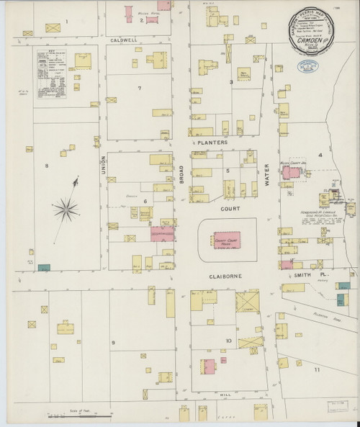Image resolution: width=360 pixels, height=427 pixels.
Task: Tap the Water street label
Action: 265,173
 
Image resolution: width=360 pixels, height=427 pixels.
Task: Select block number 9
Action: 113,341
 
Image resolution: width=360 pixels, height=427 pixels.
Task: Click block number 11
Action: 315,368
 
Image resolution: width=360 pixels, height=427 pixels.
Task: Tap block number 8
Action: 46,166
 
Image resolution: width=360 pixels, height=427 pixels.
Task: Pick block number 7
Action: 139,88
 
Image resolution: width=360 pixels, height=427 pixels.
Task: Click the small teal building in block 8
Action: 44,267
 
